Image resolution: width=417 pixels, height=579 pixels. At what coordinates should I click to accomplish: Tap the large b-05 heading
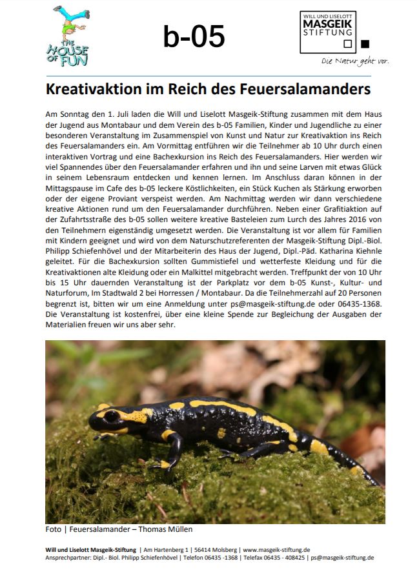click(x=194, y=37)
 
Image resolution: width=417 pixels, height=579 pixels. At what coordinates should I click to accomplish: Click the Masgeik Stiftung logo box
click(x=328, y=32)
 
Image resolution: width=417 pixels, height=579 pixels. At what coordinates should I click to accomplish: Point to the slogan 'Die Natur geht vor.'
click(x=356, y=61)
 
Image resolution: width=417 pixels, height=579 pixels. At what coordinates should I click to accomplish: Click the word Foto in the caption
click(x=53, y=529)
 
